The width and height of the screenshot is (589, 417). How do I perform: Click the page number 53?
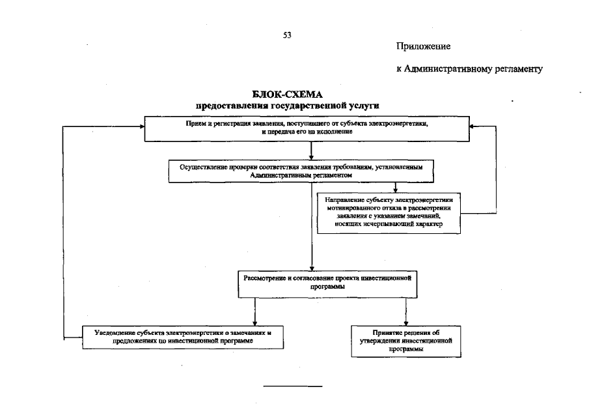286,35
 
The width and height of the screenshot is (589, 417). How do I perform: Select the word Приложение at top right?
423,47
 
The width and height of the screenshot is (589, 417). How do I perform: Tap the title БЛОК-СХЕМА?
287,95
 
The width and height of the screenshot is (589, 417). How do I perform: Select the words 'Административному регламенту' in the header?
474,69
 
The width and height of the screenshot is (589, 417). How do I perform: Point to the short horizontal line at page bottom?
293,386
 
